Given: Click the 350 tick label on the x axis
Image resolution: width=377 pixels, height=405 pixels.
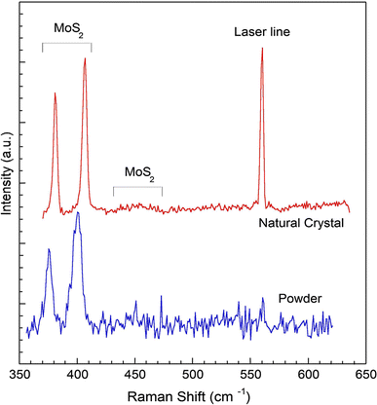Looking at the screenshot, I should click(x=20, y=374).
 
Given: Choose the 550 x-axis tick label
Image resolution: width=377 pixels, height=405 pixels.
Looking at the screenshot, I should click(x=251, y=374).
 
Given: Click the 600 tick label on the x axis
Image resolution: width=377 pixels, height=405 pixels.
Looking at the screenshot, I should click(x=309, y=374).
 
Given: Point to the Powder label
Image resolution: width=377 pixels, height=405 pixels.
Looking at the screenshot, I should click(x=299, y=298).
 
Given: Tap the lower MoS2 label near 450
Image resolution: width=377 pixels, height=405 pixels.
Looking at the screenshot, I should click(x=137, y=171).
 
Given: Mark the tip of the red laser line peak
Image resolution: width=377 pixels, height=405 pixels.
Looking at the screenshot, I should click(x=262, y=49).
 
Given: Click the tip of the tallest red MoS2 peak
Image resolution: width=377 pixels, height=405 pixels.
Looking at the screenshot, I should click(x=85, y=58).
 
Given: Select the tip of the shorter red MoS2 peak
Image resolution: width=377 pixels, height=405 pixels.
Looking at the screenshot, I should click(x=55, y=93).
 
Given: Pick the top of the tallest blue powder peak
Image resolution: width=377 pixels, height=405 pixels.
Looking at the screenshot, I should click(x=78, y=212).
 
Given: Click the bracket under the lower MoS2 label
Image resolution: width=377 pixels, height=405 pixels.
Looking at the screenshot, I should click(x=137, y=187).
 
